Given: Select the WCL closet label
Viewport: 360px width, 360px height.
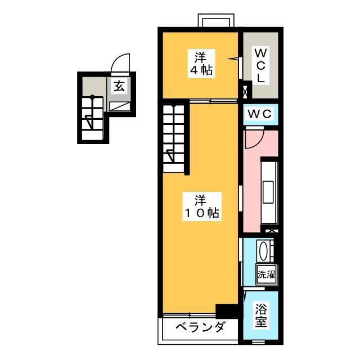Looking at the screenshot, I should (x=260, y=66).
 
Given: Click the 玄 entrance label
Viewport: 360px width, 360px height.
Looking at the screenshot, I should (x=120, y=86).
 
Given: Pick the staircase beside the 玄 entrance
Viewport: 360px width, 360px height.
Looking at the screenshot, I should (x=91, y=119).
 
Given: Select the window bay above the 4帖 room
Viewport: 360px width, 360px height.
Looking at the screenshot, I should (x=215, y=21).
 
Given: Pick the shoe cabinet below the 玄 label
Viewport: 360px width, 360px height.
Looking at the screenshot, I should (x=120, y=105).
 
